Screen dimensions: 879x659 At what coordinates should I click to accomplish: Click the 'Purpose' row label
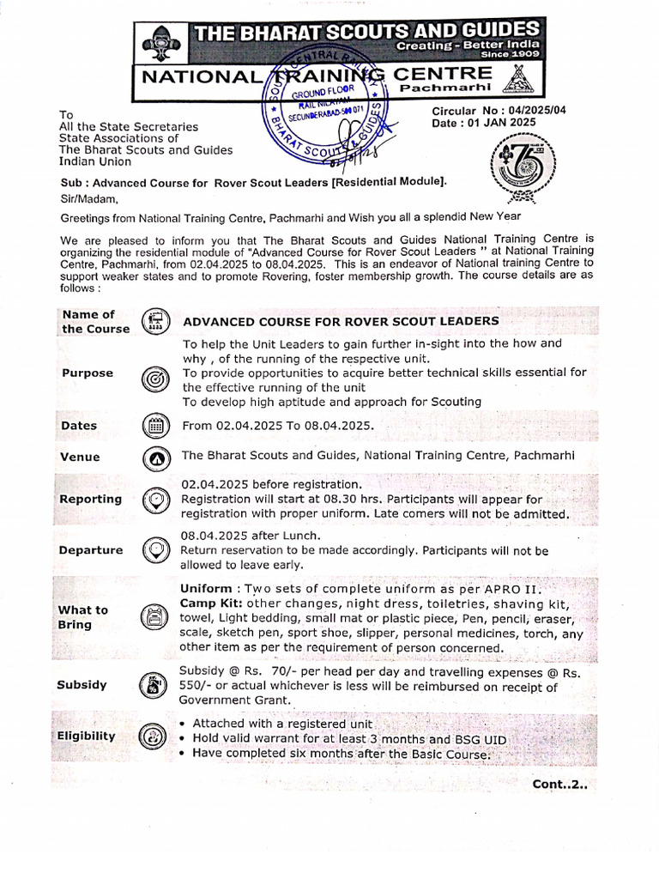[x=87, y=373]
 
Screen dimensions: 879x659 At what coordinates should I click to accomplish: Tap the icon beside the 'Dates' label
[x=155, y=425]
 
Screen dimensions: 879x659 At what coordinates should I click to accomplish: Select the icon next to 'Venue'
[x=155, y=458]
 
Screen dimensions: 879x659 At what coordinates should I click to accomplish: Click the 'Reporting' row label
[x=90, y=499]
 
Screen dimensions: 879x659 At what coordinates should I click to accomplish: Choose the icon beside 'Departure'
[x=155, y=549]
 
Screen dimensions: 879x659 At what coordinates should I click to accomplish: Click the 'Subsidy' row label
[x=82, y=685]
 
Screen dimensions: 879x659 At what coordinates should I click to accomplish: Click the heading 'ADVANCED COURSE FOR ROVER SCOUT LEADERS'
[x=340, y=320]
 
